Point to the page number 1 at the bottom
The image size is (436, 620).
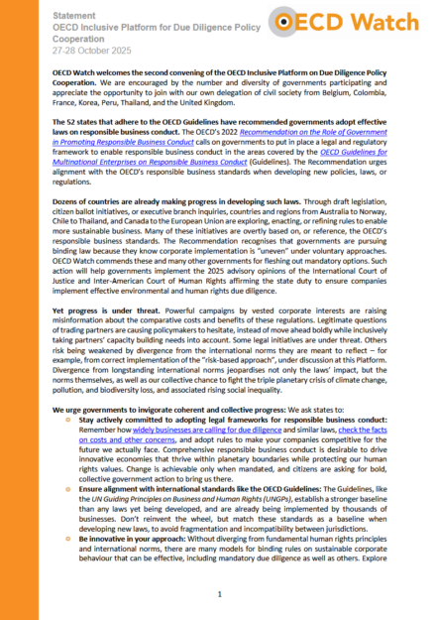coord(218,592)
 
